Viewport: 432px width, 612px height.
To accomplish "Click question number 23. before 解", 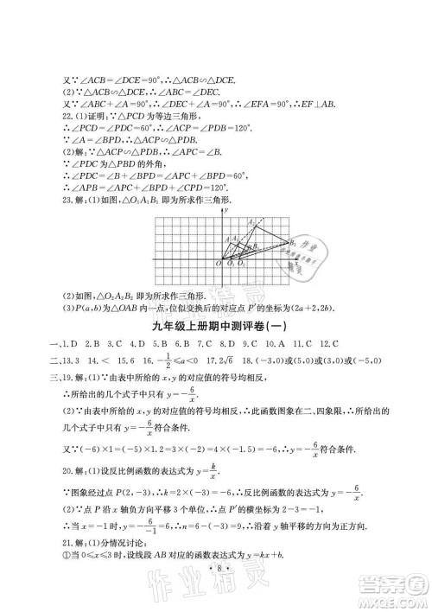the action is click(59, 200).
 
